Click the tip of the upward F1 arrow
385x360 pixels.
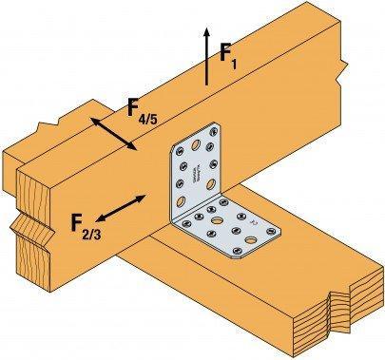[x=206, y=29]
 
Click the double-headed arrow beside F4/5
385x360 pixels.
[x=113, y=134]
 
